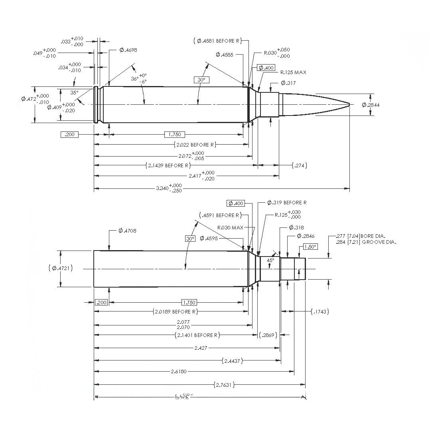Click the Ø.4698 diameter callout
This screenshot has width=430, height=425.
(128, 50)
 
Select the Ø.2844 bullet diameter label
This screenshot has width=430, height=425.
(371, 105)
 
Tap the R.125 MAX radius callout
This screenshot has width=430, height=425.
(293, 72)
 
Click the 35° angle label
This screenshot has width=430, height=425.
(74, 92)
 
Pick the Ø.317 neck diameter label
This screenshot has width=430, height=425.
(288, 83)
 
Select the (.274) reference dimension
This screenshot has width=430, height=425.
(300, 165)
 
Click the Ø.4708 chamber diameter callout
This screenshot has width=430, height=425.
(128, 231)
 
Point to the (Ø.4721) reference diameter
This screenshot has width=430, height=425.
(60, 268)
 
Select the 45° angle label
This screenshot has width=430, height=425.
(270, 260)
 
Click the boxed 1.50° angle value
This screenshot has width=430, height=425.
(310, 247)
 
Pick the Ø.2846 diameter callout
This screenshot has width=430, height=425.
(306, 236)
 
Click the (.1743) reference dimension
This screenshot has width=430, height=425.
(320, 311)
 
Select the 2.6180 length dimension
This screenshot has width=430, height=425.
(178, 372)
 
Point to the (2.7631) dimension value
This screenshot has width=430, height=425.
(224, 384)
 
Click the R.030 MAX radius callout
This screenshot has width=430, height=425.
(231, 228)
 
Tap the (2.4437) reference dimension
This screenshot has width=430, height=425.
(232, 361)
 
